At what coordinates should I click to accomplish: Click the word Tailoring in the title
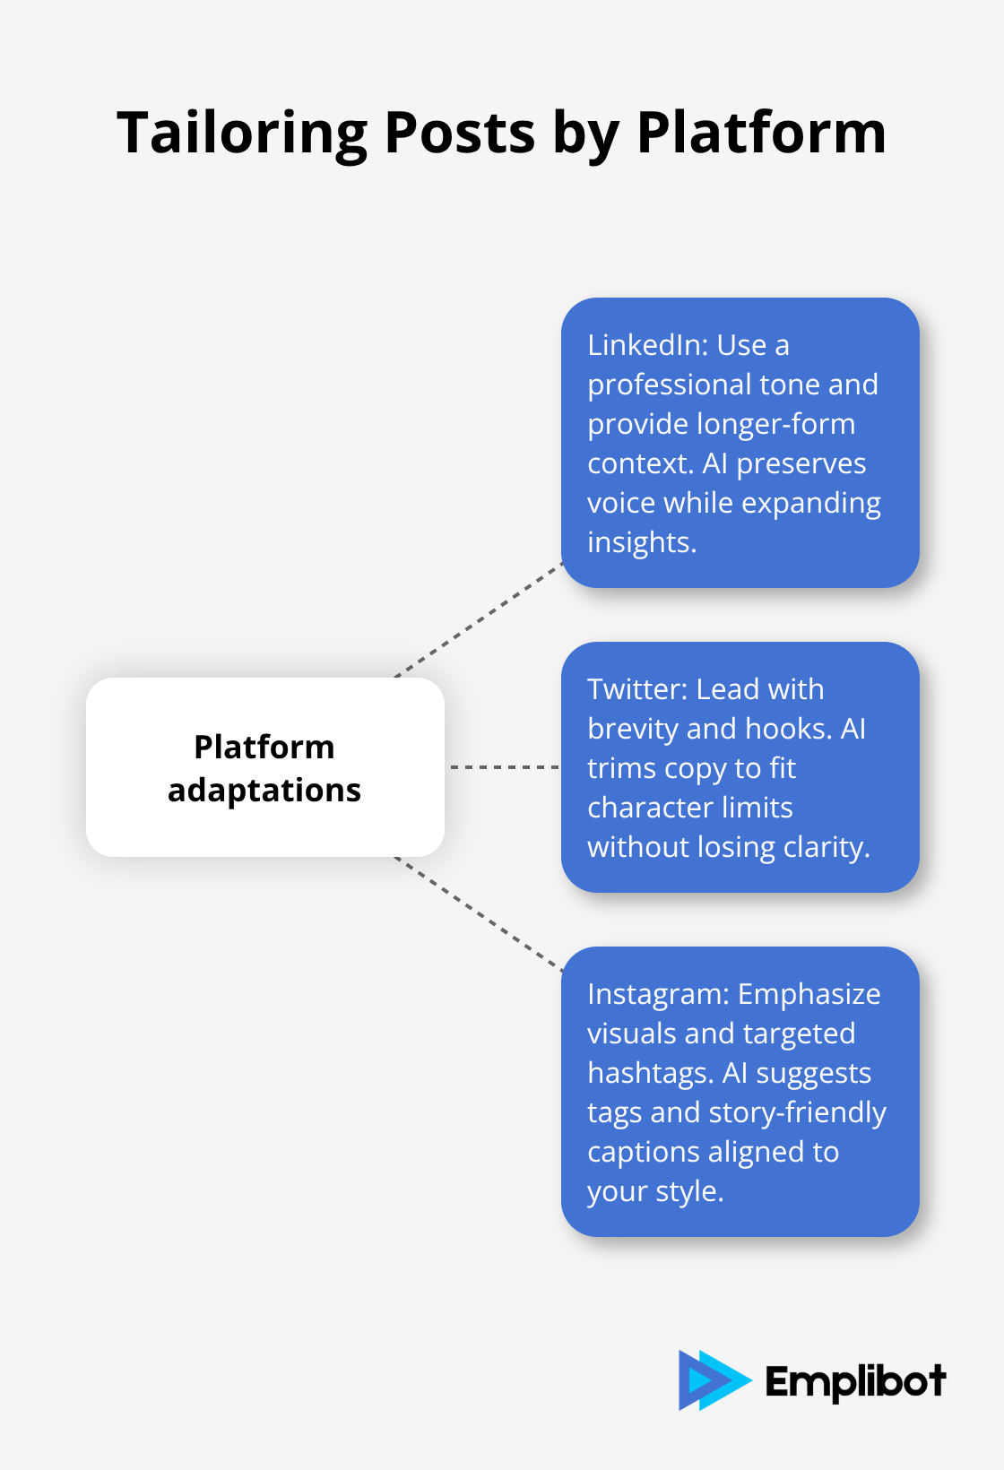coord(242,134)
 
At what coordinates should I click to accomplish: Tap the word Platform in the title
coord(761,134)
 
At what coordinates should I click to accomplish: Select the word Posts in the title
coord(460,134)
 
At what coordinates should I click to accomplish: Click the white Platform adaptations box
coord(265,767)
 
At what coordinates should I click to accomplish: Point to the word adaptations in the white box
coord(264,790)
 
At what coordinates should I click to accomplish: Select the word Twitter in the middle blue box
coord(636,689)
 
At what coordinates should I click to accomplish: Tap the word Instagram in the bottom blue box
coord(657,994)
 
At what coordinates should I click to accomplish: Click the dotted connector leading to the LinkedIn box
coord(479,620)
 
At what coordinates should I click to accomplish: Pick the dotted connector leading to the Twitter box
coord(504,767)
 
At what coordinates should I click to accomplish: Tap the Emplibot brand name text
coord(855,1381)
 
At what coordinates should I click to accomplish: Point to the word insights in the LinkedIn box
coord(641,542)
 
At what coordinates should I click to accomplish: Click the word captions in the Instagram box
coord(641,1152)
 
